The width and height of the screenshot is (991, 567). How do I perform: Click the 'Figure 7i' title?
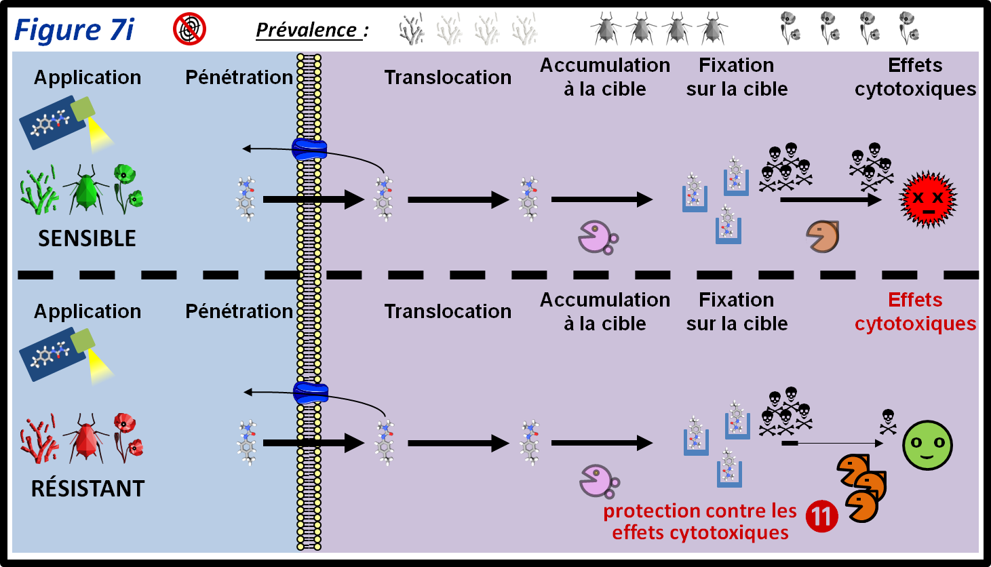(x=74, y=30)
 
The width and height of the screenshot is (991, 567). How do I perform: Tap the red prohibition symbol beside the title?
(x=189, y=29)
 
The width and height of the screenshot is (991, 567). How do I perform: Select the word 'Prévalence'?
(x=306, y=31)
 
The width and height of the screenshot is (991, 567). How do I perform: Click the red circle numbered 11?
(x=821, y=516)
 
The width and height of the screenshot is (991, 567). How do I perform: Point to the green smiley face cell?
(x=927, y=446)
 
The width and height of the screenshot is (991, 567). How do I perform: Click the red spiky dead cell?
(x=927, y=199)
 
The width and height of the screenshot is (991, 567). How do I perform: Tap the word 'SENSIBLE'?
(x=87, y=239)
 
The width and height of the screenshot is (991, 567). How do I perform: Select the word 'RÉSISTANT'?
(x=88, y=488)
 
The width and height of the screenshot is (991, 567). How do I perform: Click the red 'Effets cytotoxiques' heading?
(x=915, y=311)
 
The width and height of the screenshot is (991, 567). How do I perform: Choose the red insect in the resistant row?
(x=86, y=438)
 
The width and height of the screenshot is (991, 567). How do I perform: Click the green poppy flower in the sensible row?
(x=127, y=187)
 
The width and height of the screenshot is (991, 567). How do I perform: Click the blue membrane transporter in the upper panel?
(x=309, y=149)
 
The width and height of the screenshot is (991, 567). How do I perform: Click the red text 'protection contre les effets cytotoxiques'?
(x=700, y=522)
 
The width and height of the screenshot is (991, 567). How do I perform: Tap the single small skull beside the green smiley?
(x=887, y=421)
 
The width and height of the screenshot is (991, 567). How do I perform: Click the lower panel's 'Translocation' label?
(x=448, y=311)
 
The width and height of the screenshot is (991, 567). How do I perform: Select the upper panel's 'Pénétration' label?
(x=239, y=77)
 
